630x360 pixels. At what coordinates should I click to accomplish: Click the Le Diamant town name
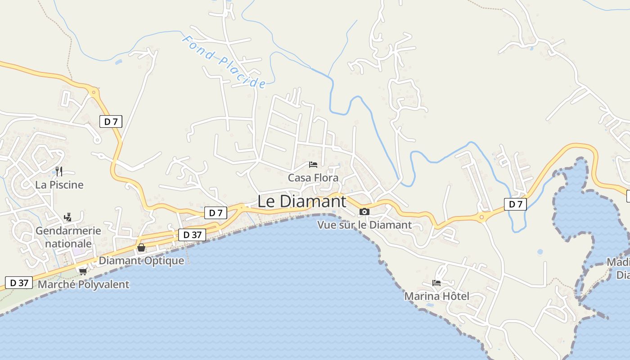tap(302, 201)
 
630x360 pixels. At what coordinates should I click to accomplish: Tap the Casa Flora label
tap(313, 178)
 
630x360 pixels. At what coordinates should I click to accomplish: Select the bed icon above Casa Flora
tap(313, 165)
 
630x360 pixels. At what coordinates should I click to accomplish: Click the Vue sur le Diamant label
tap(364, 225)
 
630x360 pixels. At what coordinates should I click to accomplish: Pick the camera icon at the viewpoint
tap(364, 211)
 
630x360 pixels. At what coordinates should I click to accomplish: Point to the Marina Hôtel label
tap(436, 296)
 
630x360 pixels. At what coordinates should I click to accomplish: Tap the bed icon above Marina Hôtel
tap(436, 283)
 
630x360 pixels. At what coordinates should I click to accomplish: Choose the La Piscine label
tap(59, 184)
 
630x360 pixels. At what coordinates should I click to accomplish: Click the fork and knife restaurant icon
tap(59, 171)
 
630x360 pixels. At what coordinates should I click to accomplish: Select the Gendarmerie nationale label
tap(68, 237)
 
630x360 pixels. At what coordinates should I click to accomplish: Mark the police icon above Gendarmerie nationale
tap(68, 217)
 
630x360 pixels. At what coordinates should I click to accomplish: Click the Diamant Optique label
tap(141, 261)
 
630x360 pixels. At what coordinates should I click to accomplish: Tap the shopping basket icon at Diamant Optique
tap(141, 247)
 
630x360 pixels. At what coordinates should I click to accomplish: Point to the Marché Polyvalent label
tap(83, 284)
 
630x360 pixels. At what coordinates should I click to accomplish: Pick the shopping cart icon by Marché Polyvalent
tap(83, 271)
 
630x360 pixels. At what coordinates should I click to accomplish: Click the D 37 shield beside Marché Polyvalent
tap(19, 283)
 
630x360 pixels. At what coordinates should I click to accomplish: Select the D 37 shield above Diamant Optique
tap(192, 234)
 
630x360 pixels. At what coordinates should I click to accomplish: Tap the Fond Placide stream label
tap(224, 62)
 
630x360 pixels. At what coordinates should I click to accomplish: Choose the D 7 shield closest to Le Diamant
tap(216, 213)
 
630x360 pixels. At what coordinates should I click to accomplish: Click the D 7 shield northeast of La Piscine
tap(111, 121)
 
